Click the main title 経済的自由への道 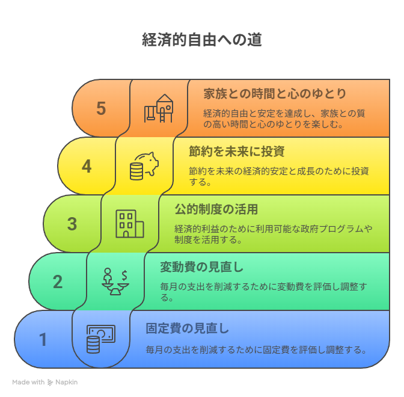[202, 40]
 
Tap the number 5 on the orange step [101, 108]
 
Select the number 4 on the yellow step [87, 166]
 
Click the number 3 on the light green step [72, 224]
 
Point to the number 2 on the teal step [58, 282]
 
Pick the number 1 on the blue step [43, 339]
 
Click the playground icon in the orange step [158, 108]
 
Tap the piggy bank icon [144, 166]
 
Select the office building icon [130, 224]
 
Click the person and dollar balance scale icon [115, 282]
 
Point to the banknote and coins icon [101, 339]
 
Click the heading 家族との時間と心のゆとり [275, 94]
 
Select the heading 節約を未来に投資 [236, 152]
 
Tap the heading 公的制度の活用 [216, 209]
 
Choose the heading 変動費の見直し [202, 267]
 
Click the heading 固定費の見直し [188, 328]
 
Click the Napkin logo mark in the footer [50, 383]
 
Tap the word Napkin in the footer [67, 382]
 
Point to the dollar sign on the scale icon [124, 275]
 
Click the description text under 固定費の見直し [256, 350]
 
